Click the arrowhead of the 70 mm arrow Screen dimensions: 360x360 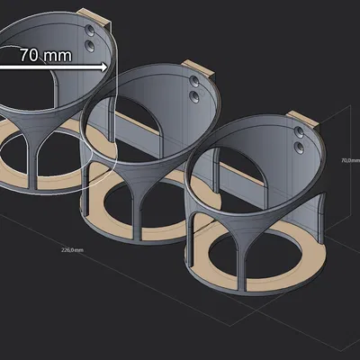[103, 66]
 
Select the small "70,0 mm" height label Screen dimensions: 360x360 [348, 160]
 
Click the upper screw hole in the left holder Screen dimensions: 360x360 [90, 31]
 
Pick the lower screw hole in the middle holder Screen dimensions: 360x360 [195, 94]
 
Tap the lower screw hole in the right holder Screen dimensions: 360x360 [301, 145]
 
